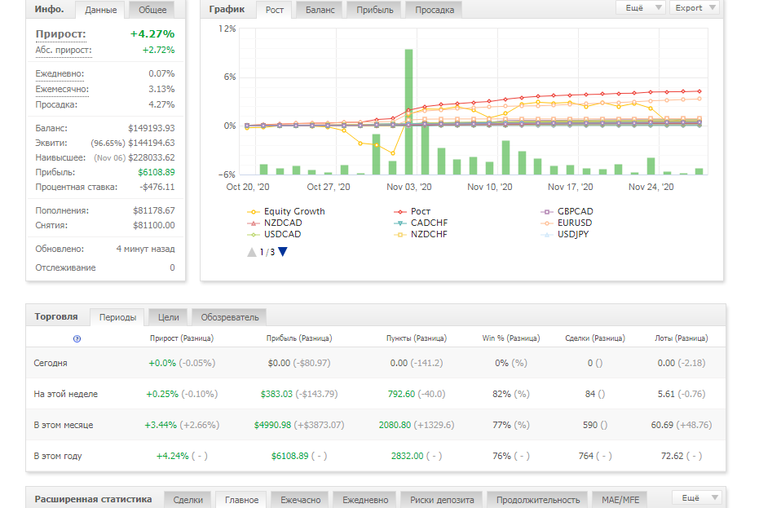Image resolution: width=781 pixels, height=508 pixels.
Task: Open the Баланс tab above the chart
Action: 320,10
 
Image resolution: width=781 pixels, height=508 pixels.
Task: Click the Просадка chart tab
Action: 435,10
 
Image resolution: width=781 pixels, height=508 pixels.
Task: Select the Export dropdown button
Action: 695,8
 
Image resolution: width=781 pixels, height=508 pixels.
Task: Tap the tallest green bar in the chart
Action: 408,112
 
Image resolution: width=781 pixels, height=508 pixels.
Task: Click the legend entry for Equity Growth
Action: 286,211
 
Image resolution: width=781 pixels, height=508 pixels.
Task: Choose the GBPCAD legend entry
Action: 567,211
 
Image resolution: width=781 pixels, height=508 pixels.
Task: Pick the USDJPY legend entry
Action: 565,234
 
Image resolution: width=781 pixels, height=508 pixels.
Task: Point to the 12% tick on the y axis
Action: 227,29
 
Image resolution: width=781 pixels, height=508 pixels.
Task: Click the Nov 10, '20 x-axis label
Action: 490,187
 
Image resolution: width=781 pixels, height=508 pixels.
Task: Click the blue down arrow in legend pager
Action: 283,252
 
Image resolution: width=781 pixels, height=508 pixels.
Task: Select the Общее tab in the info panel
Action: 152,10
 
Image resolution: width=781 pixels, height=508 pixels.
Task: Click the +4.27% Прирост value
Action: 152,34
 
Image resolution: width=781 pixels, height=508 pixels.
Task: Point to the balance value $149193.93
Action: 152,128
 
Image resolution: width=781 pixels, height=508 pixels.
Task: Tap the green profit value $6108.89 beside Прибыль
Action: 157,172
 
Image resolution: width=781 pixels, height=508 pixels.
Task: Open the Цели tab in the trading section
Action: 169,317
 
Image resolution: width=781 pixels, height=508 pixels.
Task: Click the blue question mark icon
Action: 77,338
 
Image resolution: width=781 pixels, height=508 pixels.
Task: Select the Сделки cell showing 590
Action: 594,425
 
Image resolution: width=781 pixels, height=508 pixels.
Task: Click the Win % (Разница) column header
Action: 511,338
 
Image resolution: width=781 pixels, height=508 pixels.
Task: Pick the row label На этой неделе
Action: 66,394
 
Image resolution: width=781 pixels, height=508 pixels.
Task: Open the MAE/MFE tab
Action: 620,500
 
